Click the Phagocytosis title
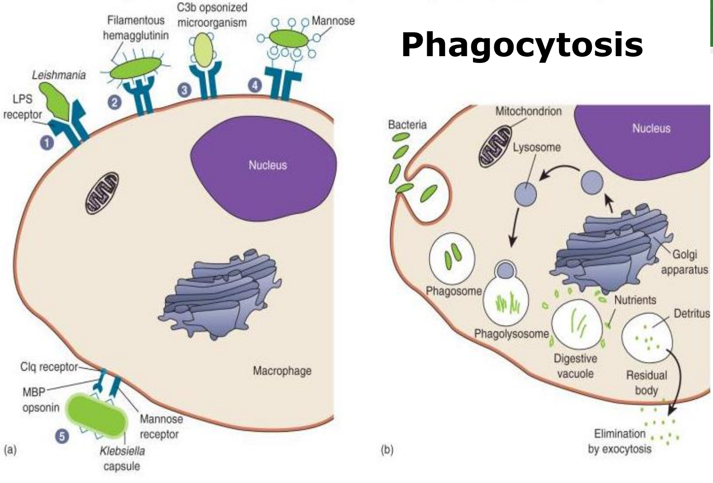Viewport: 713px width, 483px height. coord(522,45)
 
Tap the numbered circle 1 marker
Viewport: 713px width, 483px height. coord(46,143)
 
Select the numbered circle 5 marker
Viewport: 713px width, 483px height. coord(63,436)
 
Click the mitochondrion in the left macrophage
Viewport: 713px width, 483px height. coord(102,193)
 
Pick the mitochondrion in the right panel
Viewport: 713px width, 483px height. coord(495,147)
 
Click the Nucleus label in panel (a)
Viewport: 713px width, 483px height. coord(267,165)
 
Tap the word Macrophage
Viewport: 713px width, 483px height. coord(282,371)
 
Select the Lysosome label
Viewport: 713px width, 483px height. coord(537,147)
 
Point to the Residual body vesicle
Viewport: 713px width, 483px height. coord(646,339)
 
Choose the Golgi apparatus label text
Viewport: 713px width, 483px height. coord(684,262)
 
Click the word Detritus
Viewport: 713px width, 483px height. coord(691,313)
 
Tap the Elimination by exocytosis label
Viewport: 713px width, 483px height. coord(619,441)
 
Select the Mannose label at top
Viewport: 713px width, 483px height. coord(333,21)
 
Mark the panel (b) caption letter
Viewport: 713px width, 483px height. coord(387,450)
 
